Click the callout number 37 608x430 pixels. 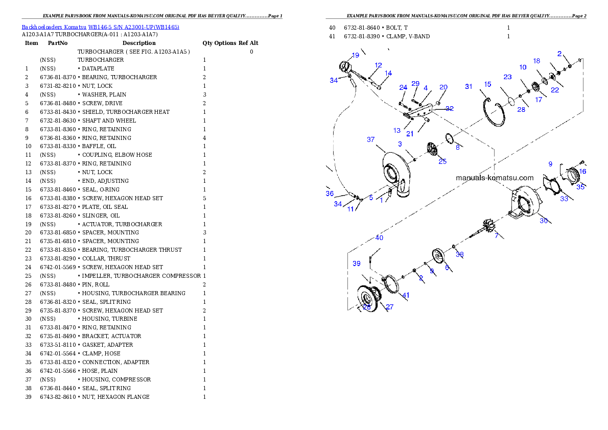click(x=371, y=139)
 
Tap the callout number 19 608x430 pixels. click(x=356, y=55)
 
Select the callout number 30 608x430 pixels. click(x=544, y=221)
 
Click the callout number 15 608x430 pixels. click(x=487, y=84)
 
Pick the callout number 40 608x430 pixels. click(x=379, y=237)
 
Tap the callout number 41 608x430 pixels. click(x=406, y=295)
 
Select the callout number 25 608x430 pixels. click(x=442, y=161)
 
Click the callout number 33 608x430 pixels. click(x=564, y=199)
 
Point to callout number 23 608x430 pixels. click(x=507, y=77)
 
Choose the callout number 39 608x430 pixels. click(x=357, y=264)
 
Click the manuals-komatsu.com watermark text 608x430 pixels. click(x=494, y=178)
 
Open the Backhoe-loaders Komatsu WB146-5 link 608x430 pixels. click(x=100, y=27)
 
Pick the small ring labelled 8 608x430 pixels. click(x=449, y=138)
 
